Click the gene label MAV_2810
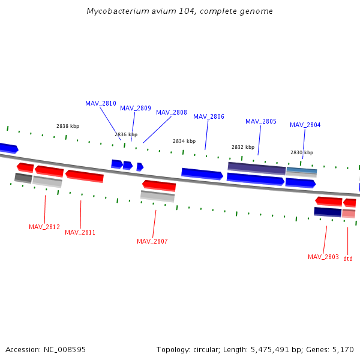101,103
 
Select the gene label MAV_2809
136,108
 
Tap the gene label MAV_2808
172,112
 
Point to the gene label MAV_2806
209,116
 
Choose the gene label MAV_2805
261,121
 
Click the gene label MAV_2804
305,125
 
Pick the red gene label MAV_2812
44,227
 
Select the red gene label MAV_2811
80,232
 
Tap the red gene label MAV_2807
152,241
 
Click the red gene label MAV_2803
323,257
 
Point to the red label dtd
348,259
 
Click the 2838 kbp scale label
68,126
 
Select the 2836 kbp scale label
126,134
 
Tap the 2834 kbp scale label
184,141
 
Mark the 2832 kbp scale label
243,147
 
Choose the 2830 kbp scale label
302,152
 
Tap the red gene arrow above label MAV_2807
159,185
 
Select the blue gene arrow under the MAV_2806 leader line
202,173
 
